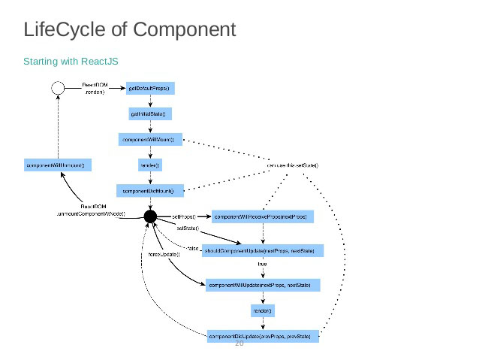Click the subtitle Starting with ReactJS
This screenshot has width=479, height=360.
click(71, 60)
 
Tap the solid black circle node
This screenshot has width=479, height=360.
click(150, 216)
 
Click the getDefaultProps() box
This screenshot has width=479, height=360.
click(150, 88)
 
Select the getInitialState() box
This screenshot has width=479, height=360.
click(150, 114)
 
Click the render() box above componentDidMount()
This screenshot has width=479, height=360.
click(150, 165)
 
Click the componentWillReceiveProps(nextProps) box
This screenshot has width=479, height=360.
click(262, 216)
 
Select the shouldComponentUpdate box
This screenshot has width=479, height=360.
click(262, 250)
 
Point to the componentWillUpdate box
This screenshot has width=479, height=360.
click(262, 284)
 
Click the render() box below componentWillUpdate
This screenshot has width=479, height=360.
click(262, 310)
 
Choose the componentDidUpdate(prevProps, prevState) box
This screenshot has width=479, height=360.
click(262, 335)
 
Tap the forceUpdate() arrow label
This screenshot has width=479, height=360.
click(164, 254)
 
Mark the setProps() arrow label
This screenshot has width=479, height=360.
click(184, 216)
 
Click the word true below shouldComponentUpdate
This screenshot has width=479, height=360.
click(262, 265)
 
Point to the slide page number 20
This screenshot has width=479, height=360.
click(240, 343)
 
